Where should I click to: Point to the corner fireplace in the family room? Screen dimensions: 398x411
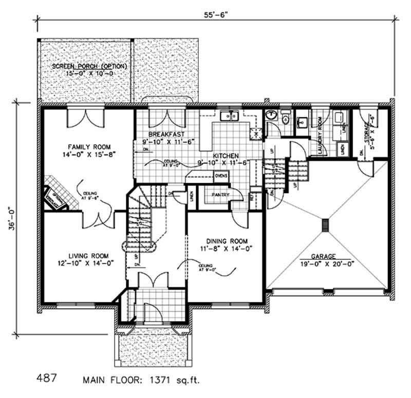(54, 195)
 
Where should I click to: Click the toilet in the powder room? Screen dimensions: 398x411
(285, 116)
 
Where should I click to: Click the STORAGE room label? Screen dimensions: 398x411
(366, 128)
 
